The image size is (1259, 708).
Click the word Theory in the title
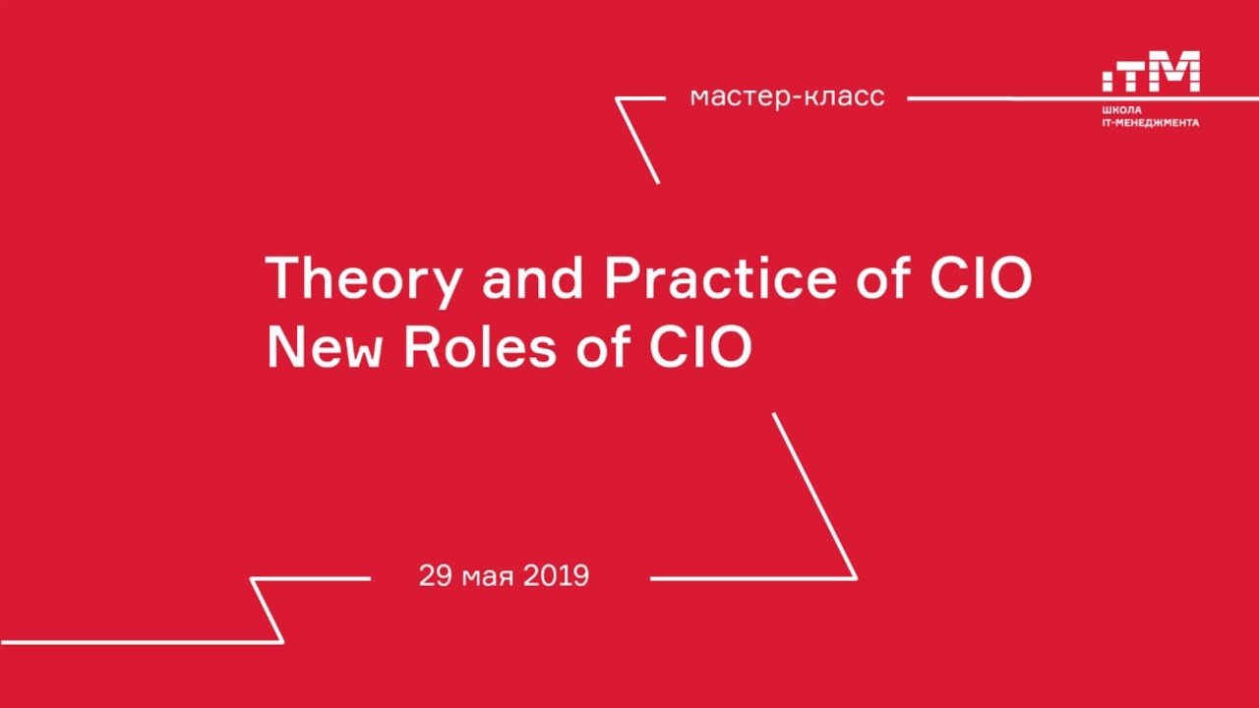click(x=362, y=279)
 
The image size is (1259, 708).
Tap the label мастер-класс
click(x=787, y=97)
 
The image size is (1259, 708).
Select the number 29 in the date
click(x=435, y=575)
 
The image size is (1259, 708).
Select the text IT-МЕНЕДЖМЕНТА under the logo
click(x=1150, y=123)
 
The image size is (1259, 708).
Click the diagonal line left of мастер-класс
click(x=637, y=141)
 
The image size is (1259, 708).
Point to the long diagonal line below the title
click(x=814, y=495)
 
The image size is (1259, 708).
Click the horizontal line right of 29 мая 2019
click(x=752, y=578)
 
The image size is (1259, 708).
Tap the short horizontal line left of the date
click(x=311, y=578)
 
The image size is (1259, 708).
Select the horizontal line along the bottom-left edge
click(x=138, y=642)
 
